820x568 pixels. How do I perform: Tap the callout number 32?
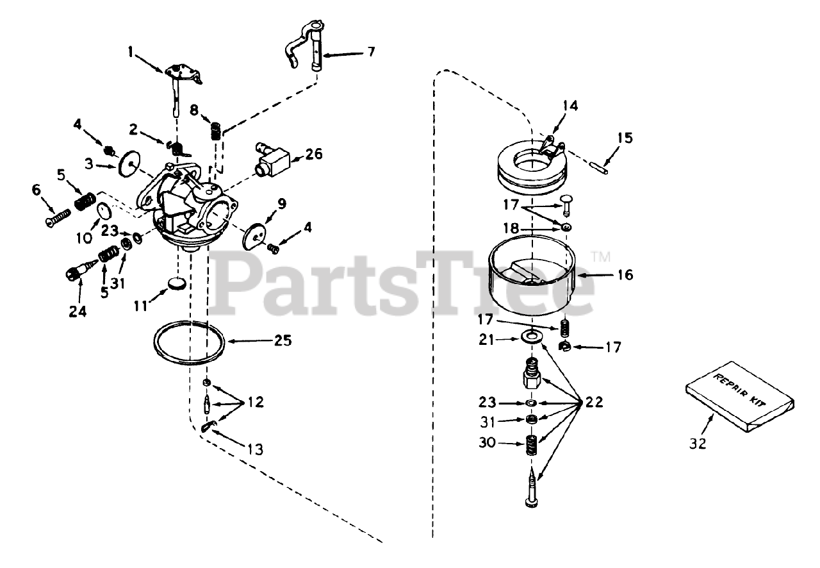[699, 443]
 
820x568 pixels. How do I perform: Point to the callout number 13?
[255, 450]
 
